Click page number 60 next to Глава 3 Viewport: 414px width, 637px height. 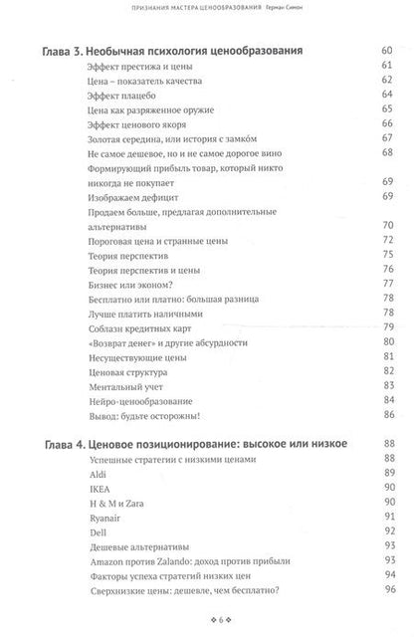point(386,50)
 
